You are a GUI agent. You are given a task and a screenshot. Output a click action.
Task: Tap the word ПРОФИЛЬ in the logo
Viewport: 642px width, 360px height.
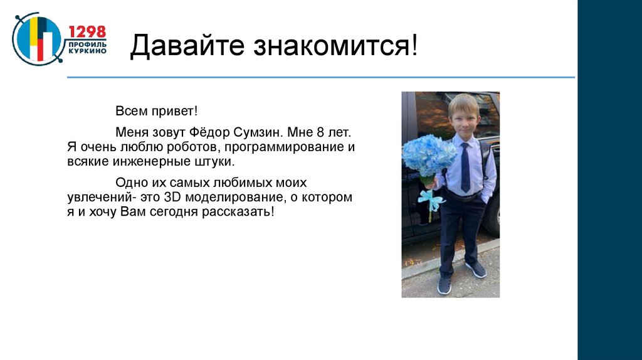87,44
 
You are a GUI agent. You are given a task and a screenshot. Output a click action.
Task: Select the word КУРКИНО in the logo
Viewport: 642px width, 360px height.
87,51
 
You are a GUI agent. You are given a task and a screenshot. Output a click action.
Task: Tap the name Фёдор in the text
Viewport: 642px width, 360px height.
217,133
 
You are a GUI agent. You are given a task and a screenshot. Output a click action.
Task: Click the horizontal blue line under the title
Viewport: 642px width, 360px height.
320,77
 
